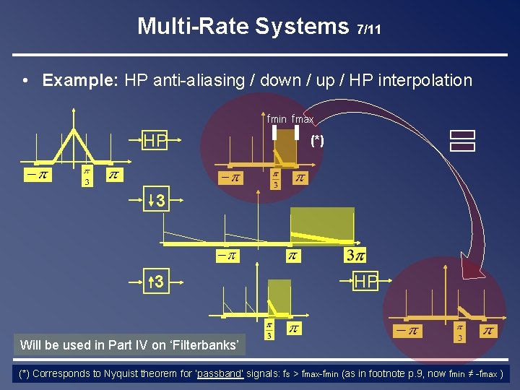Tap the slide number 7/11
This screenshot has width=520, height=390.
368,30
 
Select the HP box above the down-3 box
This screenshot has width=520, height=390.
156,141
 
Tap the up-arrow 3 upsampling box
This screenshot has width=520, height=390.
156,282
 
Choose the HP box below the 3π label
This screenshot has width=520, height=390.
365,282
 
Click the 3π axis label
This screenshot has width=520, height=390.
355,255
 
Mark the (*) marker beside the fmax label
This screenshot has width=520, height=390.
316,141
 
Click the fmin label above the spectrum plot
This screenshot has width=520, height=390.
277,119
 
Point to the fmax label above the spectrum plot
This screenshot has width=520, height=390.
303,119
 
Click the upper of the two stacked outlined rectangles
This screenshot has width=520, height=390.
461,134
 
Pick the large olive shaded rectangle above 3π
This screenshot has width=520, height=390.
322,226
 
